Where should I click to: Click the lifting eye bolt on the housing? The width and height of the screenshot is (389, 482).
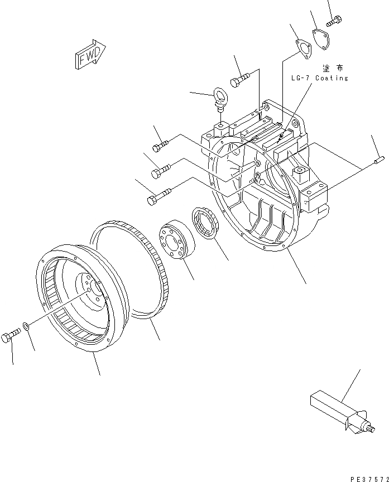(220, 98)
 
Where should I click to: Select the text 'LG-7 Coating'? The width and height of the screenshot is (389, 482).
(319, 78)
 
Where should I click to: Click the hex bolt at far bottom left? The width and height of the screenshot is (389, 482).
(12, 336)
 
